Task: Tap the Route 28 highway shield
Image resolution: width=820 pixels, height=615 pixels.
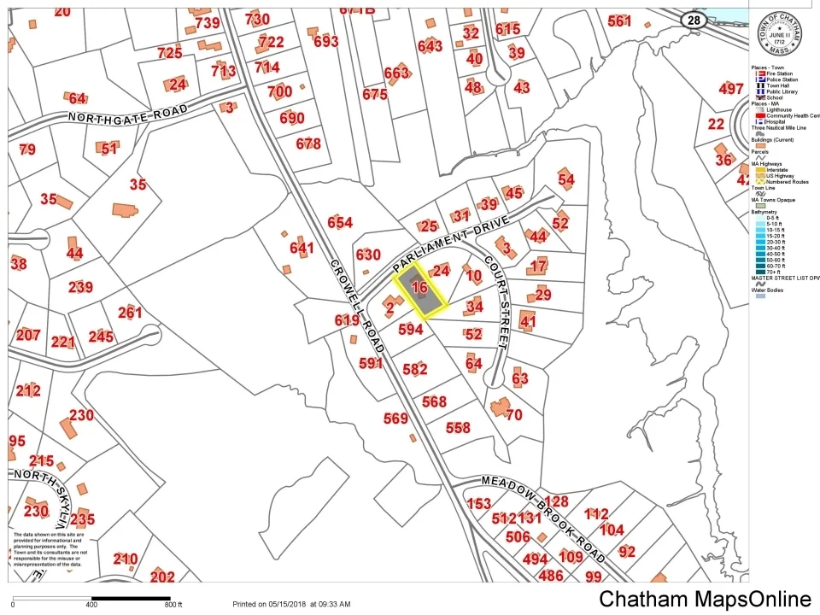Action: pos(692,20)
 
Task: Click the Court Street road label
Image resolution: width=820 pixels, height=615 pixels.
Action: pos(496,303)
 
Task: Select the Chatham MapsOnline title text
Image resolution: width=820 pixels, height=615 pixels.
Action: pos(705,599)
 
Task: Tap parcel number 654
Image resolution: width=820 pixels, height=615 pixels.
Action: pos(339,223)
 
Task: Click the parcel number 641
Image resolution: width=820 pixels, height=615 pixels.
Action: pos(302,248)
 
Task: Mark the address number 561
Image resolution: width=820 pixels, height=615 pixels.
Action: pos(619,20)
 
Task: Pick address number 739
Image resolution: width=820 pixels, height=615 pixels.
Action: pos(208,23)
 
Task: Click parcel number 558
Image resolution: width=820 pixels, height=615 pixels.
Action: pos(458,427)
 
